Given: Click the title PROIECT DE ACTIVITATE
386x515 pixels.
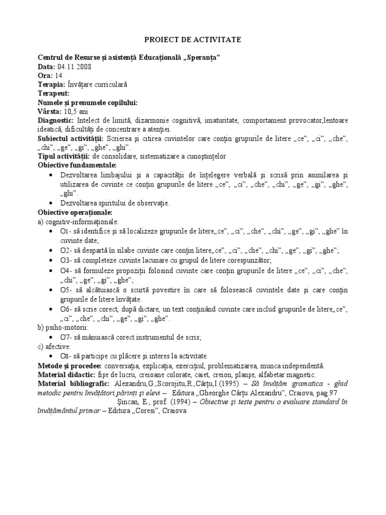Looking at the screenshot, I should point(193,39).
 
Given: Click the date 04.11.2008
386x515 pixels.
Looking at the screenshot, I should point(74,66).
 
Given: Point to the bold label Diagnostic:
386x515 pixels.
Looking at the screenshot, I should point(56,121).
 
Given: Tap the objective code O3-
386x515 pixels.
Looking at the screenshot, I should point(67,260).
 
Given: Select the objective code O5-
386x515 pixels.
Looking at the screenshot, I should point(67,290).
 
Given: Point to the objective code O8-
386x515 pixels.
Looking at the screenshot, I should point(67,356).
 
